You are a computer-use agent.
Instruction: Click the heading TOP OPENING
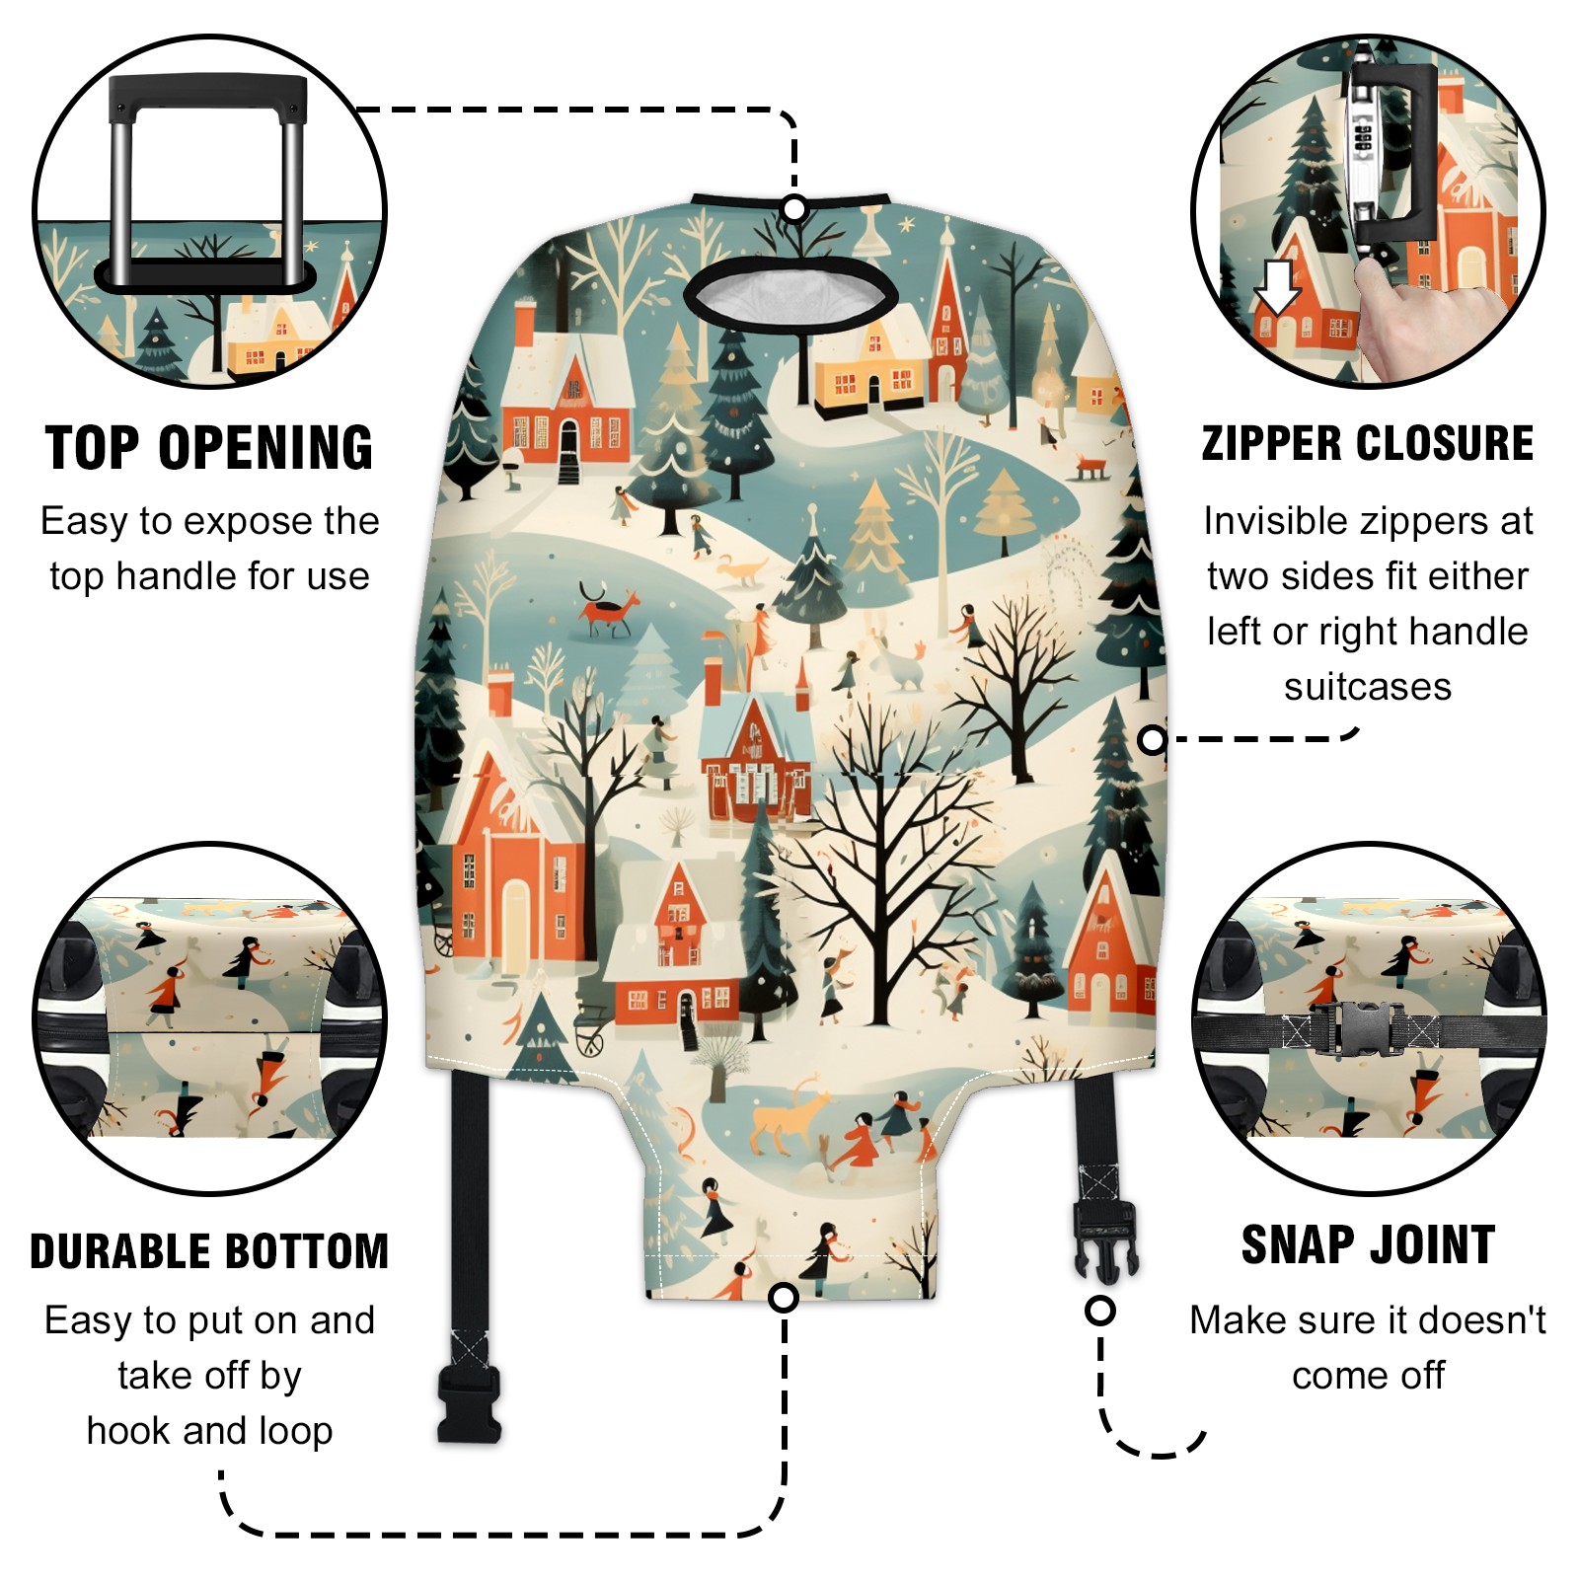(x=209, y=448)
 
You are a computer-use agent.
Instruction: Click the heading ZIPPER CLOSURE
(x=1368, y=443)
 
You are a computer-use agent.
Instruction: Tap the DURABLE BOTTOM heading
(x=209, y=1251)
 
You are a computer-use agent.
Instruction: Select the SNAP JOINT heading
(x=1368, y=1244)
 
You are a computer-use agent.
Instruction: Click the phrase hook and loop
(x=209, y=1431)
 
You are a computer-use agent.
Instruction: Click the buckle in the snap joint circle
(x=1360, y=1029)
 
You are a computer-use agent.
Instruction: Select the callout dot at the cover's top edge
(x=794, y=209)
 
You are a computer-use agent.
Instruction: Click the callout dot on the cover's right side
(x=1152, y=739)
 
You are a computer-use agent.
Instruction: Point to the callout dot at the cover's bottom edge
(x=784, y=1297)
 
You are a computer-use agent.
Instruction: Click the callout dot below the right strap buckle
(x=1100, y=1311)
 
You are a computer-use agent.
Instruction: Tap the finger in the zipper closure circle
(x=1401, y=311)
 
